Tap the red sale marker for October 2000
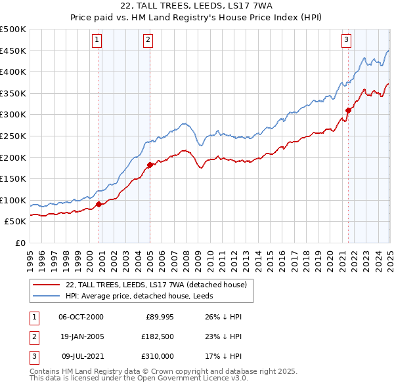[99, 204]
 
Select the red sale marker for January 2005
[150, 165]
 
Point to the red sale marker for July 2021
[348, 110]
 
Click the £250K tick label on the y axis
[13, 136]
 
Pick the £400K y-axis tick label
[13, 72]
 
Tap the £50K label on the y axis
[16, 222]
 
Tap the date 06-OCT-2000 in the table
[81, 317]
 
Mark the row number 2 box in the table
[33, 338]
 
